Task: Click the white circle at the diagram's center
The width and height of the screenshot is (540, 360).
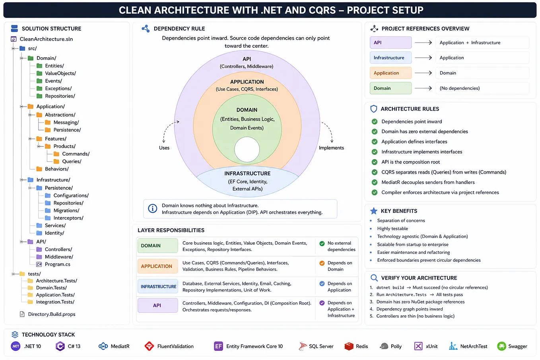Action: (x=247, y=150)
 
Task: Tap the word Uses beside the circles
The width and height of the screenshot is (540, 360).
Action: (x=164, y=148)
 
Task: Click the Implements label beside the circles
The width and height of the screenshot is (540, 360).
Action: (x=331, y=148)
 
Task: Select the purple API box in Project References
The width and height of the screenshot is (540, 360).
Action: (x=390, y=43)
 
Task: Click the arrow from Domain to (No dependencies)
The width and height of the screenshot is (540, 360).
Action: (x=423, y=88)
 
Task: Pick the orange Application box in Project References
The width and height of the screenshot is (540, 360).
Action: (x=390, y=73)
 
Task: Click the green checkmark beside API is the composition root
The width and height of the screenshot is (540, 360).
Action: (x=375, y=162)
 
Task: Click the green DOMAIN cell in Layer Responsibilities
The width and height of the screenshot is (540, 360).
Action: (x=157, y=245)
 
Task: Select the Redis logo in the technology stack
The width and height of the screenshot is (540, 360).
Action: (x=349, y=346)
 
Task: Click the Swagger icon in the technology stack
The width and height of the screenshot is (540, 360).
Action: (x=502, y=346)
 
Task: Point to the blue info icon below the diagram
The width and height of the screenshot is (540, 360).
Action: (x=152, y=208)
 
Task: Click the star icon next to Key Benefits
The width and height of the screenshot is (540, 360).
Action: (x=374, y=211)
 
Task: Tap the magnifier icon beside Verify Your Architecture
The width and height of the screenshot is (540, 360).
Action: (x=374, y=278)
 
